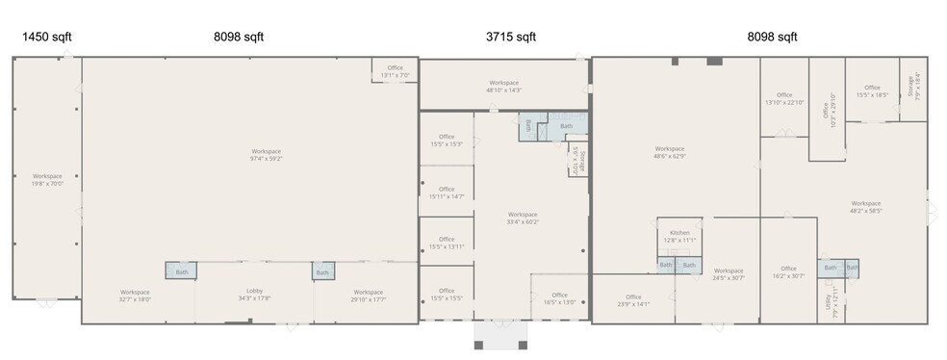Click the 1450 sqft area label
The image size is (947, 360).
tap(47, 38)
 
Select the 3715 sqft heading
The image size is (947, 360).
tap(510, 38)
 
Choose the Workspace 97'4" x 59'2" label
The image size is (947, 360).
tap(267, 155)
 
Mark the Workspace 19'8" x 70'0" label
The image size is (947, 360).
tap(47, 179)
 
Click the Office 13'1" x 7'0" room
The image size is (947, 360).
tap(396, 70)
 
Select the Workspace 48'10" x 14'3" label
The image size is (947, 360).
tap(503, 86)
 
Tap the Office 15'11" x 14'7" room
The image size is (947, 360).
tap(447, 193)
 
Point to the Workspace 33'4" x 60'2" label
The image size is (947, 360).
tap(523, 218)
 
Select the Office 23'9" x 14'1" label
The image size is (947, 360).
tap(633, 300)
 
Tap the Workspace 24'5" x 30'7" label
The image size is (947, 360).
tap(729, 274)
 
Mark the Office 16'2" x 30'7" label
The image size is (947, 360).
tap(788, 272)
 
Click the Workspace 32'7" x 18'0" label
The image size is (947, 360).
tap(135, 295)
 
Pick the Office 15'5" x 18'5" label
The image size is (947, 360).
tap(872, 90)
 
